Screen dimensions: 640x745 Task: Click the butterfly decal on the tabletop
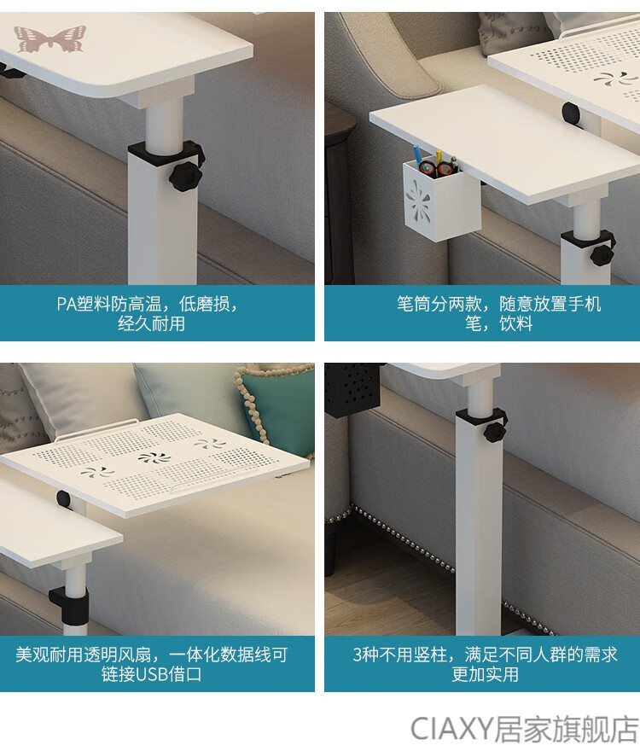click(x=49, y=38)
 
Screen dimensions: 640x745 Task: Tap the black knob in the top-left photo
click(x=185, y=177)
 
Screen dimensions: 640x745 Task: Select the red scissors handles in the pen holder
click(x=437, y=167)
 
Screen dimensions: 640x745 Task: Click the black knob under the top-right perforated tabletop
click(x=572, y=113)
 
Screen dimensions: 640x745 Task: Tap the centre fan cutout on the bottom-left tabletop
click(x=154, y=457)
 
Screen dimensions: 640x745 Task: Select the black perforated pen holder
click(x=352, y=390)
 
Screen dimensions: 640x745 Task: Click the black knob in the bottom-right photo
click(x=495, y=432)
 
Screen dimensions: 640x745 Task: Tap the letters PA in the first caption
click(x=66, y=304)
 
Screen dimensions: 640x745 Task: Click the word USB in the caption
click(x=151, y=674)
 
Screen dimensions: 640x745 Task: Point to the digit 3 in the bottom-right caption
click(x=358, y=655)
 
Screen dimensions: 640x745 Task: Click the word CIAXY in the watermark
click(x=451, y=729)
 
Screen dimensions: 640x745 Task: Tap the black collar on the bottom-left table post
click(x=69, y=608)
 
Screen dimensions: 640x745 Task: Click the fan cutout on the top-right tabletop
click(x=610, y=78)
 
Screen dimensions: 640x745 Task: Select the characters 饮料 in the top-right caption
click(x=515, y=323)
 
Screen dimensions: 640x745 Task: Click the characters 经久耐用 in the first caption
click(x=151, y=323)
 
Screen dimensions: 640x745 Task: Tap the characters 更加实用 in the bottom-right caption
click(x=485, y=674)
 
